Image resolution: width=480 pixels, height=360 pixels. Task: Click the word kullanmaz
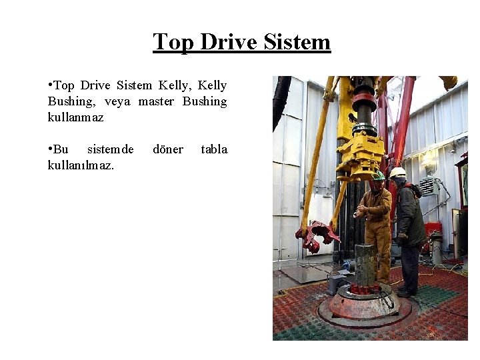[x=76, y=117]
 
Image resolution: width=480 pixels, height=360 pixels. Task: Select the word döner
[x=168, y=149]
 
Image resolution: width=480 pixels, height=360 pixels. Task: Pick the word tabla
[x=214, y=149]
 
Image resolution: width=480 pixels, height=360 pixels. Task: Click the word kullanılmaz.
[x=81, y=165]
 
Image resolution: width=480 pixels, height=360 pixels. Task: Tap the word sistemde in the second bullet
[x=111, y=149]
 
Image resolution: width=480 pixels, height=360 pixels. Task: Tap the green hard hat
[x=378, y=175]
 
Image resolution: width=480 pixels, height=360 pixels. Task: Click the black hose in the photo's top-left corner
[x=281, y=100]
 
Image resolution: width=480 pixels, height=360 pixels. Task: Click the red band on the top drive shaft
[x=364, y=101]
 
